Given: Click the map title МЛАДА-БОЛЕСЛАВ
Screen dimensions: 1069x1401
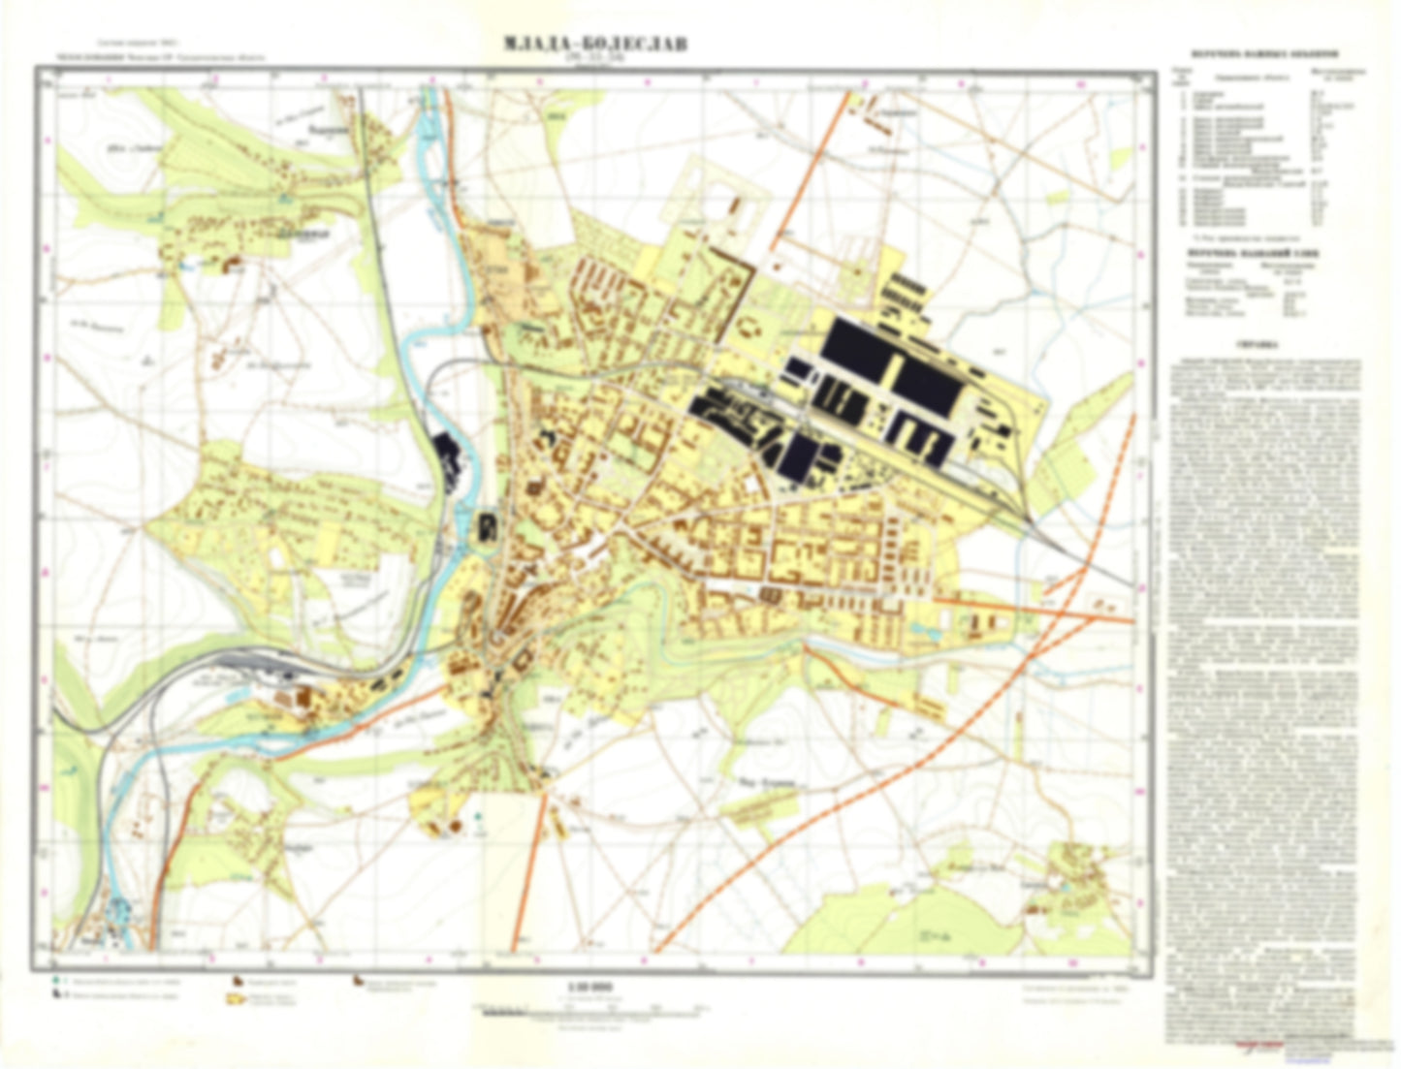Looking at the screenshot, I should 594,45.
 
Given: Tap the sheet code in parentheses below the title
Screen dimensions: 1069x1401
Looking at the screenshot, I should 594,61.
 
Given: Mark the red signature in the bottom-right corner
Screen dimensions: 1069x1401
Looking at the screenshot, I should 1259,1045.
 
